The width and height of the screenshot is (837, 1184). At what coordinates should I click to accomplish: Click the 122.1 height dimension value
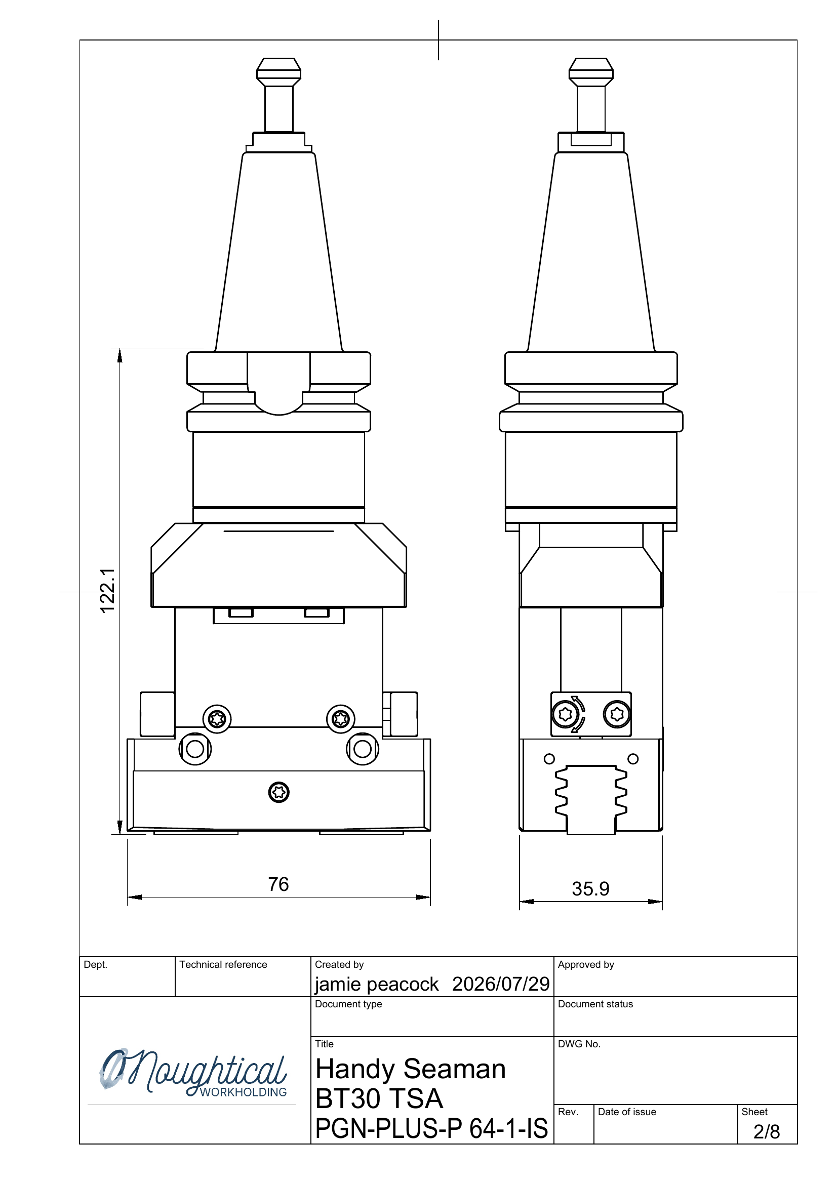click(x=107, y=590)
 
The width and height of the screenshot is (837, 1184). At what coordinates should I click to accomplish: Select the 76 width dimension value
click(x=278, y=884)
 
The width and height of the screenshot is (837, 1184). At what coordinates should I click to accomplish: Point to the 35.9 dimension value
click(x=590, y=888)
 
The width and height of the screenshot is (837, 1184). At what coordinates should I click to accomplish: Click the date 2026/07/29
click(x=501, y=984)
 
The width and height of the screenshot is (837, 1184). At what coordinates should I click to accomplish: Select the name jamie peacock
click(x=377, y=985)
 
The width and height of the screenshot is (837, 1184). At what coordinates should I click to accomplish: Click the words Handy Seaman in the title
click(x=411, y=1069)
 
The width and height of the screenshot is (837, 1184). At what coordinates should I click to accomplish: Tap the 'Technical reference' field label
click(x=223, y=964)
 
